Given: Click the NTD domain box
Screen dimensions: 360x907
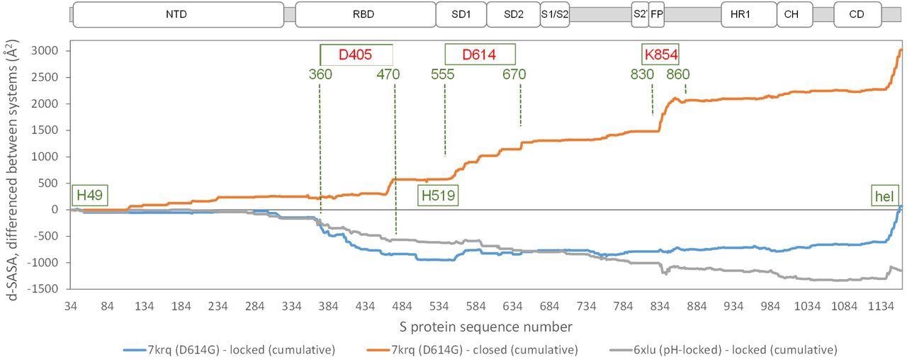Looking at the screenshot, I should pyautogui.click(x=178, y=14).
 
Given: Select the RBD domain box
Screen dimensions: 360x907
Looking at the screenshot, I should pyautogui.click(x=365, y=14).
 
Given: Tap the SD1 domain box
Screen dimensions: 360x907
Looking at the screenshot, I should pyautogui.click(x=461, y=14).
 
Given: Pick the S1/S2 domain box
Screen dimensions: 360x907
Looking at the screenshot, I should pyautogui.click(x=555, y=14).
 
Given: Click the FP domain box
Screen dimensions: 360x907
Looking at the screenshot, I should pyautogui.click(x=656, y=14).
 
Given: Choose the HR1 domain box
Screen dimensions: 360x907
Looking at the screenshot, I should pyautogui.click(x=739, y=14).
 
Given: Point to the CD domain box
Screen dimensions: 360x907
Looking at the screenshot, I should pyautogui.click(x=857, y=14).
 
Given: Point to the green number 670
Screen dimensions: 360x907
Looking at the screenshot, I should pyautogui.click(x=515, y=74).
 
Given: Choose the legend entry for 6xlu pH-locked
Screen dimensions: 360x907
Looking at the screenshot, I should pyautogui.click(x=723, y=349).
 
